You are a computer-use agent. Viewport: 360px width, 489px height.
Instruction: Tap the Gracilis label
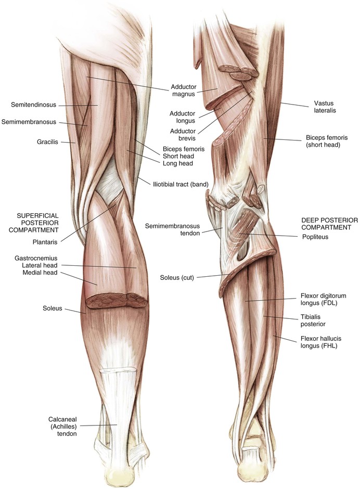[x=47, y=141]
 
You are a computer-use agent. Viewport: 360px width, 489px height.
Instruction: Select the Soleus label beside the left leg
[x=52, y=308]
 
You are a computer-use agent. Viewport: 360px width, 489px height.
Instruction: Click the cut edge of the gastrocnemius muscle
[x=115, y=300]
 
